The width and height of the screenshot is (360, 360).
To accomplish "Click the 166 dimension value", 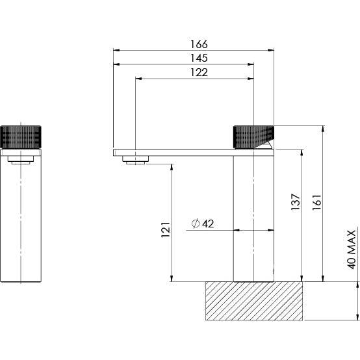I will click(x=199, y=44).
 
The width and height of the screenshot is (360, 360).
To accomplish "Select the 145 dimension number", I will click(x=199, y=58).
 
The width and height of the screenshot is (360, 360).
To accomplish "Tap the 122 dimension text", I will click(x=199, y=73).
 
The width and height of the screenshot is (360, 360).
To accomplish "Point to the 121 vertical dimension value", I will click(x=165, y=229).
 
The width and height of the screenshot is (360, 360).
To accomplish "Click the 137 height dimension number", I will click(x=296, y=202).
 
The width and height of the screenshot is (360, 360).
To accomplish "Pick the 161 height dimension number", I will click(x=316, y=202).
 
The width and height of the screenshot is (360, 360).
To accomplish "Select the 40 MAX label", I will click(x=352, y=249).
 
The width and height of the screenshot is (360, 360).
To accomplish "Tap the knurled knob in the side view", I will click(x=253, y=135).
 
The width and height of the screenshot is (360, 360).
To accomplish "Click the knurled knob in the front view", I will click(x=22, y=136).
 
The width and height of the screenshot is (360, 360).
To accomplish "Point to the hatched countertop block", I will click(x=254, y=301).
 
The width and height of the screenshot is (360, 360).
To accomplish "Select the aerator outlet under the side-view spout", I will click(x=136, y=161).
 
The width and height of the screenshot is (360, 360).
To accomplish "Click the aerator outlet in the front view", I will click(x=22, y=159).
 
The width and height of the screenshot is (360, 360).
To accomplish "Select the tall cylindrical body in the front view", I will click(x=22, y=221).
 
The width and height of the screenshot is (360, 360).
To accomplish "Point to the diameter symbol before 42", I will click(x=195, y=224).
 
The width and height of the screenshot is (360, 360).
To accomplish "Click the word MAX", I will click(x=352, y=240).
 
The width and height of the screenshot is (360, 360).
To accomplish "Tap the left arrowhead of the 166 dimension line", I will click(x=116, y=50).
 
